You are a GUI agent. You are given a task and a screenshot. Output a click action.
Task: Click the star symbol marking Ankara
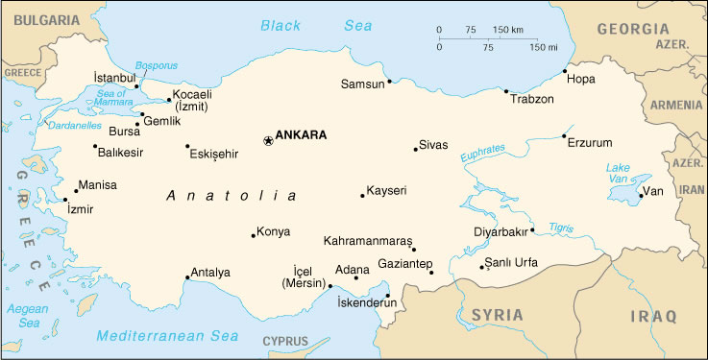point(267,140)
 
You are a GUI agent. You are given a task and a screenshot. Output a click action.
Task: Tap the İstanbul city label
point(114,77)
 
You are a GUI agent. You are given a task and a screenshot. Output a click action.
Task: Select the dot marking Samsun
point(389,82)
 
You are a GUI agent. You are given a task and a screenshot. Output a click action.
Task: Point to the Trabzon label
point(532,99)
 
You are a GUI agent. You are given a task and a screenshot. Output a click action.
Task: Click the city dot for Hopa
point(565,71)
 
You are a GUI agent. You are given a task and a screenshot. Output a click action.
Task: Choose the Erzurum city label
point(589,143)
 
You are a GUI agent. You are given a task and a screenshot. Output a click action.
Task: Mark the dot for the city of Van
point(641,196)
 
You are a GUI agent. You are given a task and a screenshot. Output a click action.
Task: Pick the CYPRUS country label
point(285,342)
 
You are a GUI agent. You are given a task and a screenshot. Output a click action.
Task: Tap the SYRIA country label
point(498,315)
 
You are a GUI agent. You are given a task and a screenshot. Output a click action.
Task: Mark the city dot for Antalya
point(187,278)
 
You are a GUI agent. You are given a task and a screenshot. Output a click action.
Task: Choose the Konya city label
point(273,231)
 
